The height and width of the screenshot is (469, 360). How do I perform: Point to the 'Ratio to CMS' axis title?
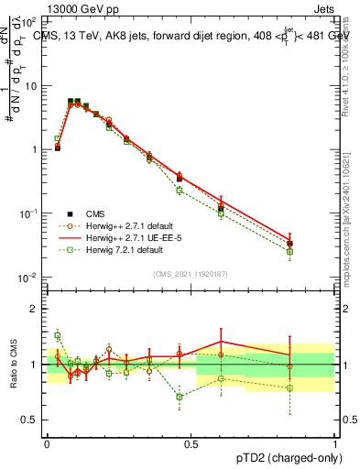click(13, 365)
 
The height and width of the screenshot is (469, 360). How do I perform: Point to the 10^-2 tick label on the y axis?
click(29, 278)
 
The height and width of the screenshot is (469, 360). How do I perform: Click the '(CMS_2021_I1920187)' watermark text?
click(190, 273)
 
